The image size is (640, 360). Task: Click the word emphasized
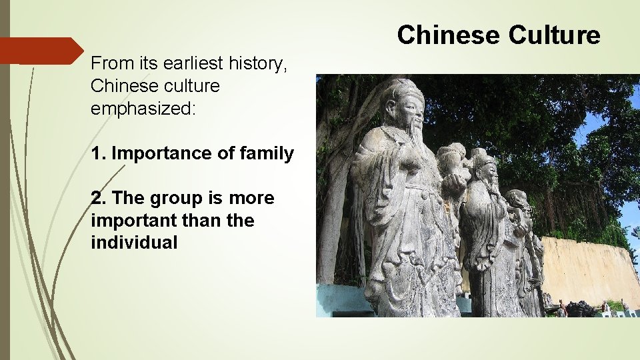[x=143, y=108]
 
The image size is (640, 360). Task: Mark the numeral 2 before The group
[x=97, y=199]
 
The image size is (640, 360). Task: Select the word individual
[x=134, y=243]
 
